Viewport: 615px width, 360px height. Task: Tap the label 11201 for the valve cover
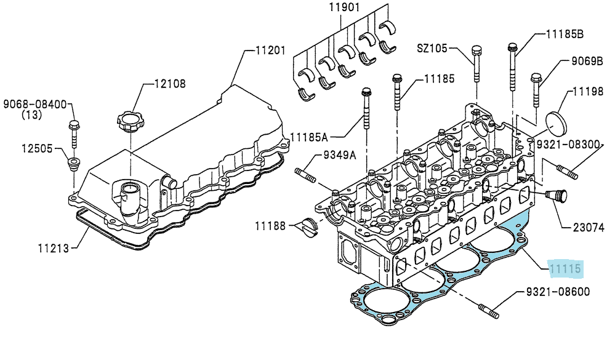(270, 50)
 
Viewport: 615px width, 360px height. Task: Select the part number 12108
(170, 84)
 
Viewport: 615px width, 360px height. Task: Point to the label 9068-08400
(35, 105)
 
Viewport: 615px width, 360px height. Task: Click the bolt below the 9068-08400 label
(74, 134)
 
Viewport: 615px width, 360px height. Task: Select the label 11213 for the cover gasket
(54, 248)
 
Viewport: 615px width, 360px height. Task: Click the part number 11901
(344, 7)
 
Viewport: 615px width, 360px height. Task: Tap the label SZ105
(432, 48)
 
